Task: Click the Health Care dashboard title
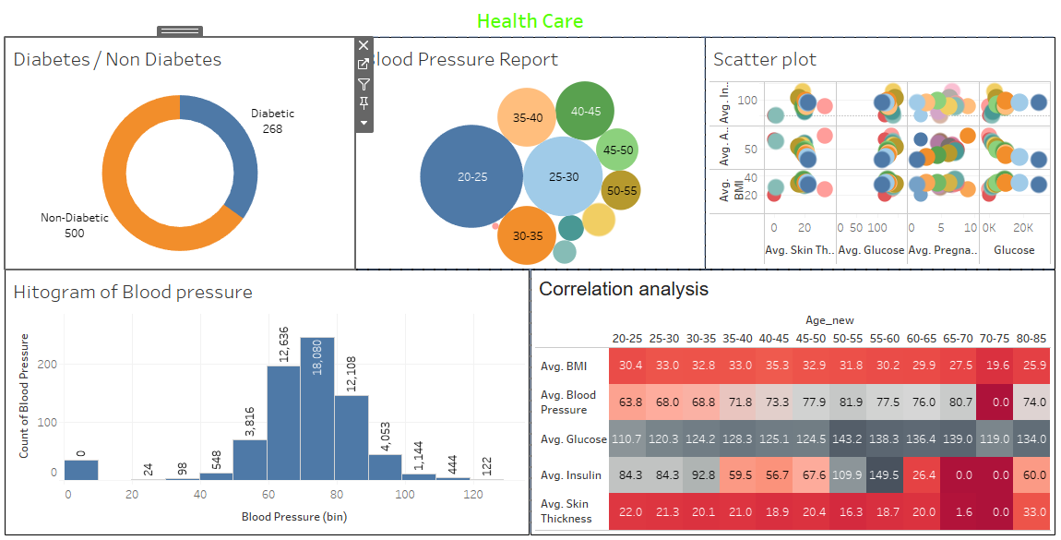pyautogui.click(x=530, y=20)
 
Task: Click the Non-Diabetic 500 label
pyautogui.click(x=75, y=225)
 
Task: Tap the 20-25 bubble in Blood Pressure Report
pyautogui.click(x=471, y=176)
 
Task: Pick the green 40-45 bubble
pyautogui.click(x=586, y=111)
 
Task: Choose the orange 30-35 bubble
pyautogui.click(x=528, y=235)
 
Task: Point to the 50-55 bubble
pyautogui.click(x=622, y=190)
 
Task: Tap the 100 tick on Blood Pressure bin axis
pyautogui.click(x=405, y=495)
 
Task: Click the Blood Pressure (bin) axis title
pyautogui.click(x=293, y=517)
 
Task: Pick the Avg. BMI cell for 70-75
pyautogui.click(x=997, y=366)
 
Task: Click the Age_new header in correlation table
pyautogui.click(x=829, y=320)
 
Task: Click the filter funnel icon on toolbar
pyautogui.click(x=364, y=84)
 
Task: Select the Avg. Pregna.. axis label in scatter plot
pyautogui.click(x=939, y=250)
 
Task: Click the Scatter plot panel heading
pyautogui.click(x=765, y=60)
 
